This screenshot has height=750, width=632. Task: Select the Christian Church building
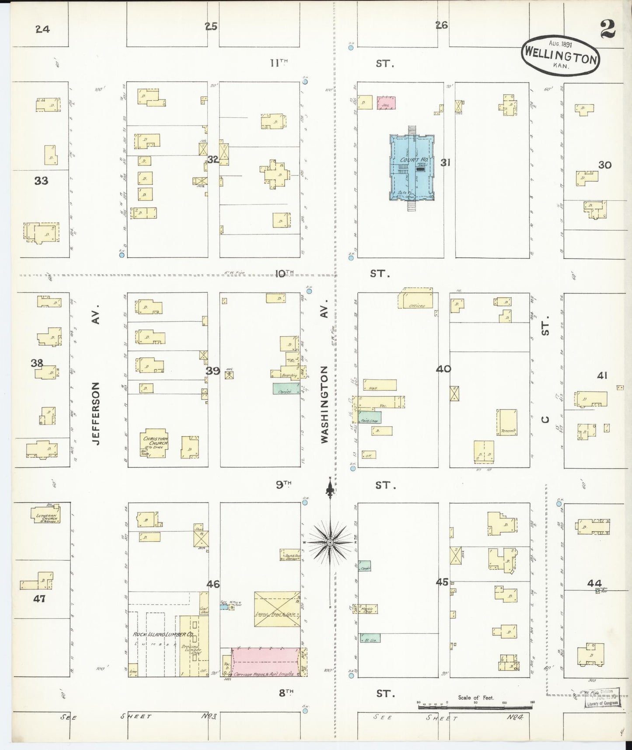[154, 443]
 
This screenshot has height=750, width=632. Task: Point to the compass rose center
[330, 543]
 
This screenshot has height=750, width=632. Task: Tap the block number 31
[445, 163]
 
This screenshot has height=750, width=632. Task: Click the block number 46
[213, 584]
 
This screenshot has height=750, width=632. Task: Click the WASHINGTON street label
[324, 404]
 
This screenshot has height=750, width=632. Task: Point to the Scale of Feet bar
[476, 706]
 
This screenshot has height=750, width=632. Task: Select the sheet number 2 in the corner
[608, 29]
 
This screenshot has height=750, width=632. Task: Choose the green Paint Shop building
[370, 417]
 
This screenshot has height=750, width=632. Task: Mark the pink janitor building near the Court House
[386, 103]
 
